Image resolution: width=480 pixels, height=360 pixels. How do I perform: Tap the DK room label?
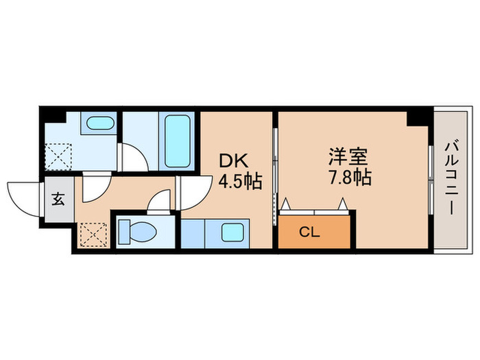point(233,160)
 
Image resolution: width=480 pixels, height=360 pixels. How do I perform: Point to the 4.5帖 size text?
point(240,182)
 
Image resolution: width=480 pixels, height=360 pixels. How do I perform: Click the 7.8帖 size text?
point(348,178)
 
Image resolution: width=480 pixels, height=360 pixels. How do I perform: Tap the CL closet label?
point(310,232)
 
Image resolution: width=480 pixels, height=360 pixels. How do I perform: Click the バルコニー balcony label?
point(451,178)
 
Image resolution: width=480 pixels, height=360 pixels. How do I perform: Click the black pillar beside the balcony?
point(416,116)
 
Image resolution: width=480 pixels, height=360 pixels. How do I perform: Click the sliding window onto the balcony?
point(430,180)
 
